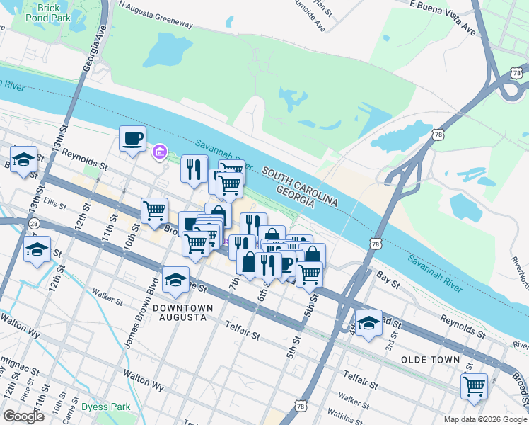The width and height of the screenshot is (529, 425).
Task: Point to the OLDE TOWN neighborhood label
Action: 431,360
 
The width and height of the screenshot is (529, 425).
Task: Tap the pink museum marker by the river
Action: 160,152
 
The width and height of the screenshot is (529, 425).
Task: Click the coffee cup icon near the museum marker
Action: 132,138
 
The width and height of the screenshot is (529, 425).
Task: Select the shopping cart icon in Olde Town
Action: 474,386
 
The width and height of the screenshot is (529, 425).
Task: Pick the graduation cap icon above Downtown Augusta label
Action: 175,280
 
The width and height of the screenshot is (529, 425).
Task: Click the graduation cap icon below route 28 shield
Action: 37,249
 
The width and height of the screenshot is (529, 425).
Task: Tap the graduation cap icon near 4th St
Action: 368,323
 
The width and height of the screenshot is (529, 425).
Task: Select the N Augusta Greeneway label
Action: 156,15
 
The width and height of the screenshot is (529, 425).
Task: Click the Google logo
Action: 23,416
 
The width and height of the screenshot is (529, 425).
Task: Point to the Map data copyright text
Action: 484,419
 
